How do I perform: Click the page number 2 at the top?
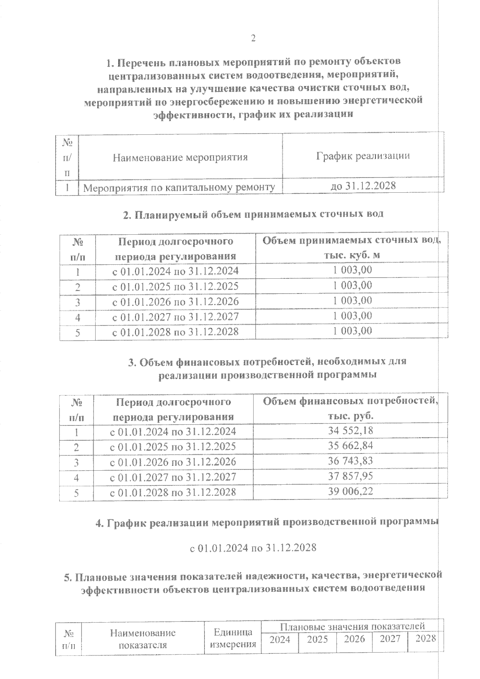[253, 39]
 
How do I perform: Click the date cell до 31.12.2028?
[363, 186]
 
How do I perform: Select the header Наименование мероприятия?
[180, 157]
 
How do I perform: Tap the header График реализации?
[363, 156]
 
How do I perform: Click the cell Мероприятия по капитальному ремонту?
[179, 187]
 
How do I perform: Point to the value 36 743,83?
[351, 461]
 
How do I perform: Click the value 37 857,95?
[351, 476]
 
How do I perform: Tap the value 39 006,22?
[351, 491]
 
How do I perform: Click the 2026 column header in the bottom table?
[355, 639]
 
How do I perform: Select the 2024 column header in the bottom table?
[280, 640]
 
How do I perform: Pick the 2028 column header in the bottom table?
[426, 638]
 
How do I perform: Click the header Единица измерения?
[233, 638]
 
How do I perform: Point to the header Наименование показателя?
[143, 639]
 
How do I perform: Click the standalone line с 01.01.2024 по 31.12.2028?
[253, 547]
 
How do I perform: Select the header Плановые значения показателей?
[352, 626]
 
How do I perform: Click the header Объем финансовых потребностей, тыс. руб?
[350, 408]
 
